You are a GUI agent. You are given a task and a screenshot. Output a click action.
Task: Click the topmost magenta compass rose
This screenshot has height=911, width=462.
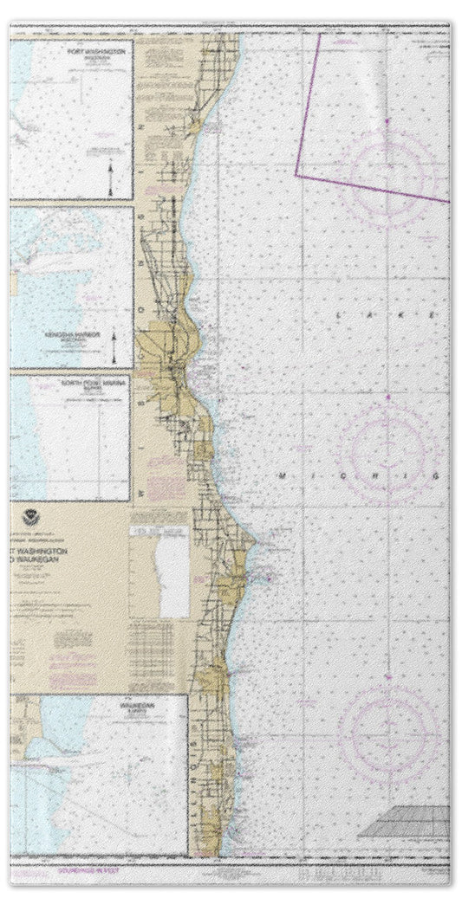pos(387,168)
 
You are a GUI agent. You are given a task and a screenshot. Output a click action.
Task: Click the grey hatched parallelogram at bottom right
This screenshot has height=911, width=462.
pos(406,821)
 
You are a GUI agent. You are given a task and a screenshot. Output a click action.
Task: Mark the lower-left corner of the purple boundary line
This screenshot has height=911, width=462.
pos(296,175)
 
